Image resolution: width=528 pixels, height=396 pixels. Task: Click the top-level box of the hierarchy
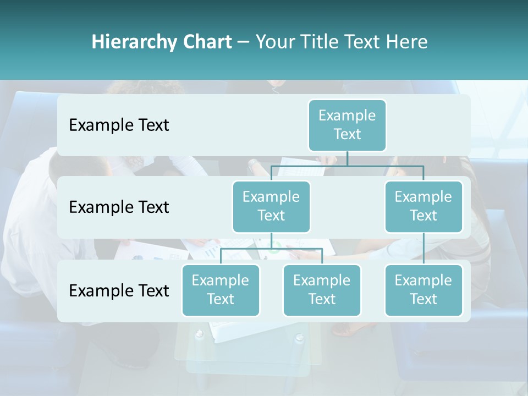[x=347, y=125]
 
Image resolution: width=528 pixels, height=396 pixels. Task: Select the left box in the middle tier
[x=271, y=206]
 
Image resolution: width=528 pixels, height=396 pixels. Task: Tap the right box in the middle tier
[x=424, y=206]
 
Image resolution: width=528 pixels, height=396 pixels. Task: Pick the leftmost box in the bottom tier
[x=221, y=290]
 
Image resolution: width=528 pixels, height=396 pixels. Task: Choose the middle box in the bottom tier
[x=322, y=290]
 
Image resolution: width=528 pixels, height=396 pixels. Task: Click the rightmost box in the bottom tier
[x=424, y=290]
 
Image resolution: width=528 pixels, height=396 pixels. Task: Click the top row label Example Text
[x=119, y=125]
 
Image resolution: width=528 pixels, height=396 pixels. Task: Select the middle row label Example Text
[x=119, y=207]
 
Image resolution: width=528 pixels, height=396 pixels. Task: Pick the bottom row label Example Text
[x=119, y=290]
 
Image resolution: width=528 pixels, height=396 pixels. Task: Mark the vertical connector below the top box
[x=347, y=158]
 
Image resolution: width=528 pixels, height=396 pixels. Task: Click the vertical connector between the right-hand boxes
[x=424, y=249]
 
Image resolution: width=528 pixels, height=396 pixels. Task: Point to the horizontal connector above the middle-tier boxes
[x=347, y=166]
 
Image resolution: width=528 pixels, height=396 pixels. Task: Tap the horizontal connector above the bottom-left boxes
[x=271, y=249]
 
